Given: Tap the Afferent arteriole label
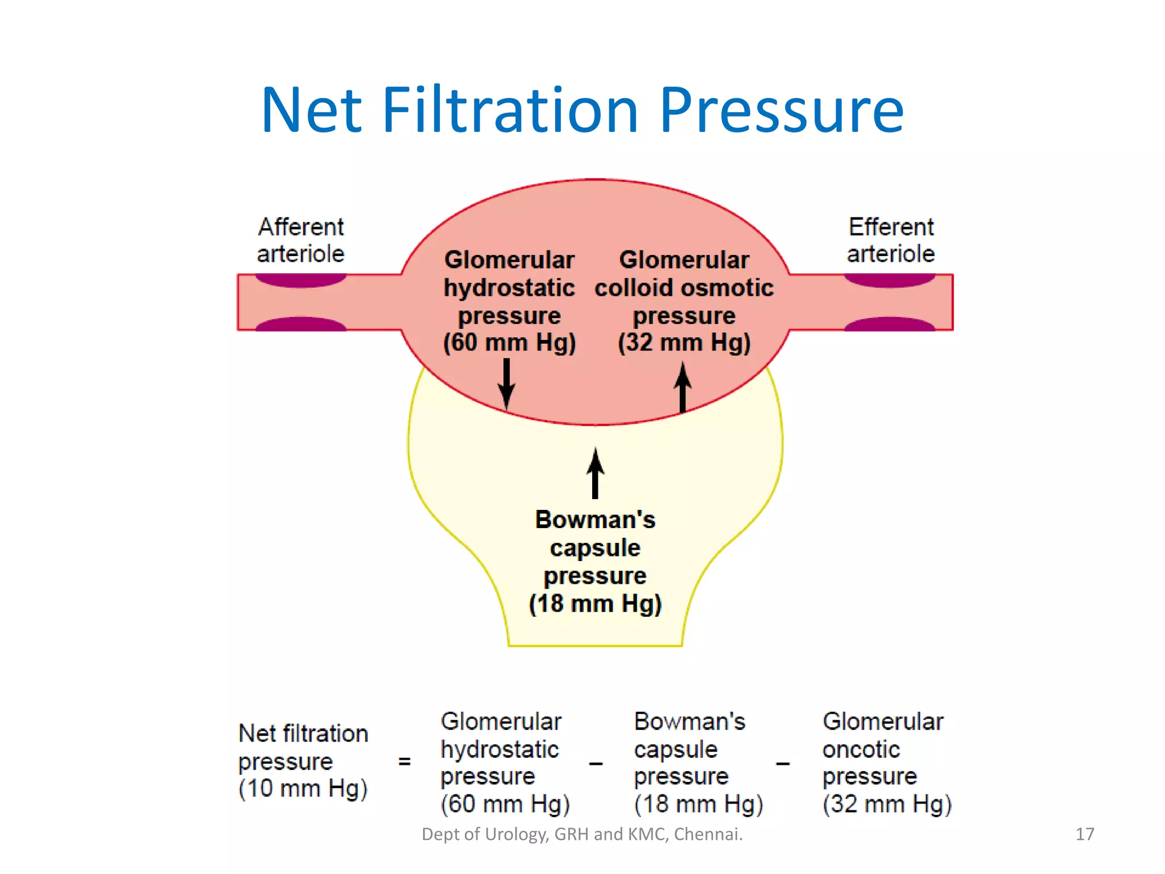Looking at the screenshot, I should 300,240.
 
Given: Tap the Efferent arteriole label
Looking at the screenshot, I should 891,240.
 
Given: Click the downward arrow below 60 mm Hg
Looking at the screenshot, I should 506,384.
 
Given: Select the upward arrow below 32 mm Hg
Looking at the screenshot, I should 683,387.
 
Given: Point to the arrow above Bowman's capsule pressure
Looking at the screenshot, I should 595,473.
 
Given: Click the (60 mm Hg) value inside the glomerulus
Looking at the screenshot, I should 509,343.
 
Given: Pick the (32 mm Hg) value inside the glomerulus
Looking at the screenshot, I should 684,343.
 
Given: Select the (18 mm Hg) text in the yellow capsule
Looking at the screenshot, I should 595,604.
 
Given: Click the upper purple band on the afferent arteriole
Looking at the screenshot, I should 300,280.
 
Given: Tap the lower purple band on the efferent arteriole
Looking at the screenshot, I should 889,324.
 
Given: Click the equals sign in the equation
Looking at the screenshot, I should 404,761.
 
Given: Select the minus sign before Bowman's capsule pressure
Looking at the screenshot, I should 596,764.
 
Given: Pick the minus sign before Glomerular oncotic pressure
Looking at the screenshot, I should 783,764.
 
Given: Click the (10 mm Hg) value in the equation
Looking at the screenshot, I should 303,789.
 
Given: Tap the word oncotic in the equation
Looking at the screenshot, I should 861,749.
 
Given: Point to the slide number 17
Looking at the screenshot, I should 1084,834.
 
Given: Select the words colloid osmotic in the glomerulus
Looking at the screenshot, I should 684,288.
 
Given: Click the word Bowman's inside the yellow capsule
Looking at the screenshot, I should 595,520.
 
